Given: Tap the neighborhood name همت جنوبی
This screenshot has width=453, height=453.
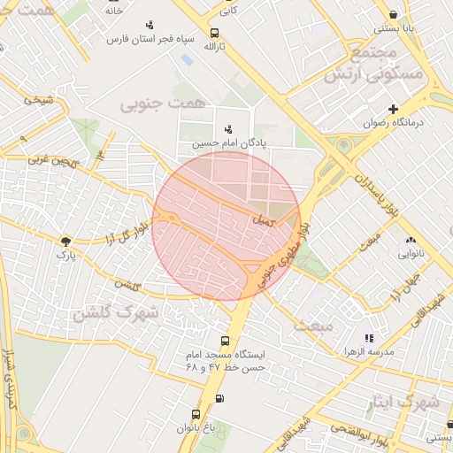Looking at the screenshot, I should pos(161,104).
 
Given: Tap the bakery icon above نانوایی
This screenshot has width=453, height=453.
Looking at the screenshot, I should pos(411,239).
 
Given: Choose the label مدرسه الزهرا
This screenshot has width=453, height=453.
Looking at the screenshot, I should pos(368,351).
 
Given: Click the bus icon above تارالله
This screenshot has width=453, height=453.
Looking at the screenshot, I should pos(212,31).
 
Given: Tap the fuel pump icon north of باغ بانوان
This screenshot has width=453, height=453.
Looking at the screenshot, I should pos(219,398).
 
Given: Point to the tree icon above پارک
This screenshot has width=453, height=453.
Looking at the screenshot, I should pos(65,240).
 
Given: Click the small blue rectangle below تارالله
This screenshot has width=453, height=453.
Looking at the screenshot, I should pos(187,60).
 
